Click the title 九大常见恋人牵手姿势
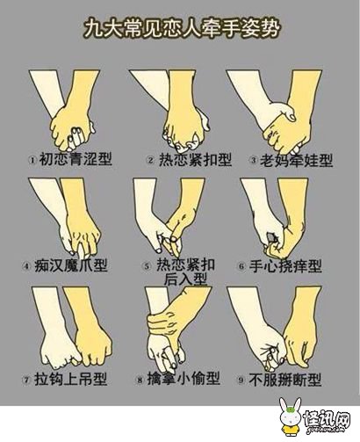182,29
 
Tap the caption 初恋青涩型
76,159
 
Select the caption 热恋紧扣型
196,160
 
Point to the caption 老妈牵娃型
297,160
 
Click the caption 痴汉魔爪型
71,265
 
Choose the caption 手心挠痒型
285,266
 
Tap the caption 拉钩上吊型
71,380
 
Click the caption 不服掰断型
285,380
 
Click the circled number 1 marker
32,160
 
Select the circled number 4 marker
26,266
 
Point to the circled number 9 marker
241,380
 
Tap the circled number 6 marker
241,267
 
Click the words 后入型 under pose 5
185,279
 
